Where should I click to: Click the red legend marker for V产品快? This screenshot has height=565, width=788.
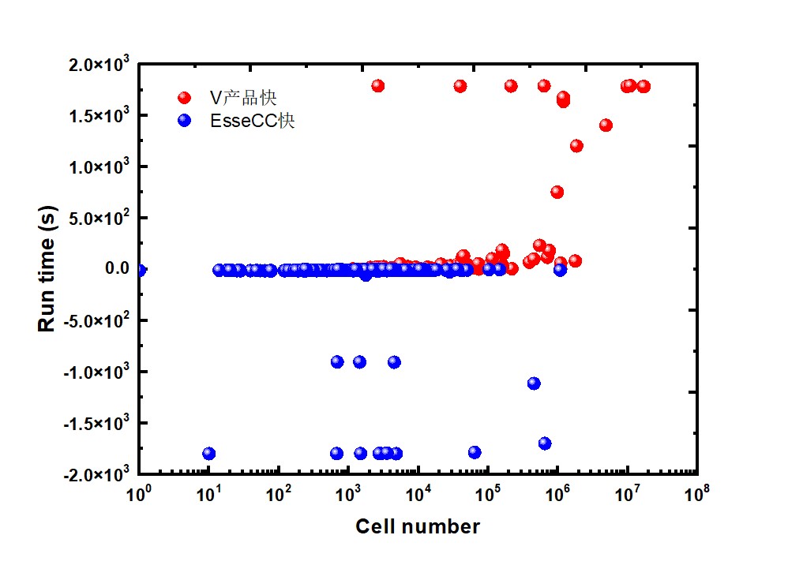point(185,98)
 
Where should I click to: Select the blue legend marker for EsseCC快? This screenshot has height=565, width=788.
point(185,122)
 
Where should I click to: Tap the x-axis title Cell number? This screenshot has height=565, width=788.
point(417,526)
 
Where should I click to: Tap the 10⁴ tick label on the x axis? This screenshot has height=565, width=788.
point(418,494)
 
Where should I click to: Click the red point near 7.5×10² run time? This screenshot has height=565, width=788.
point(557,192)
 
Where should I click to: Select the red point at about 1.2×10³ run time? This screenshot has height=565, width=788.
point(576,146)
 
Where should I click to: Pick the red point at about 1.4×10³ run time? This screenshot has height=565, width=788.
point(606,125)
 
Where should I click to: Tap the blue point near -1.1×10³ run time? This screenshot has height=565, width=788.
point(534,383)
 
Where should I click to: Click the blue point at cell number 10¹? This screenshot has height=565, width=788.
point(208,453)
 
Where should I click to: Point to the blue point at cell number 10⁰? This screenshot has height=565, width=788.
point(141,270)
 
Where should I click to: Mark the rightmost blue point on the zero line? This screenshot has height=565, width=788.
point(560,269)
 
